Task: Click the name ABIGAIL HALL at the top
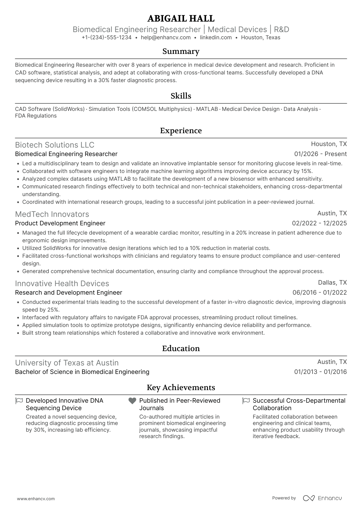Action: click(x=181, y=18)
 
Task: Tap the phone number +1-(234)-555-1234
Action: click(x=107, y=37)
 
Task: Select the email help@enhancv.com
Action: click(x=166, y=37)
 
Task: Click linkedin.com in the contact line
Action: click(x=216, y=37)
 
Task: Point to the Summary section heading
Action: click(x=181, y=51)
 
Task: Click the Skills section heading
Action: click(x=181, y=96)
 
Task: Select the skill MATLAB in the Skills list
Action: click(x=207, y=109)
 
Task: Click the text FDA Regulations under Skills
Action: click(x=36, y=116)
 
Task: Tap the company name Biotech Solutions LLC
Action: click(x=55, y=145)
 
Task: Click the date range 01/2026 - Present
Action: click(x=320, y=154)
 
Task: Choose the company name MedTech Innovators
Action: click(x=52, y=214)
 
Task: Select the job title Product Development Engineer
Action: click(x=60, y=223)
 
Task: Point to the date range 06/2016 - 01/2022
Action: click(x=319, y=293)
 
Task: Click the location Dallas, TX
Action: click(x=332, y=283)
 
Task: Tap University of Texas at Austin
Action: click(x=67, y=363)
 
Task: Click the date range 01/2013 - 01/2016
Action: click(x=320, y=372)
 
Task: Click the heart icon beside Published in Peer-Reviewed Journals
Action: click(x=132, y=401)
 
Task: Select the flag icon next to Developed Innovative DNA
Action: click(x=19, y=401)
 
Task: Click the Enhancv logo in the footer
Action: click(x=322, y=498)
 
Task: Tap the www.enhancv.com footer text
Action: click(x=36, y=499)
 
